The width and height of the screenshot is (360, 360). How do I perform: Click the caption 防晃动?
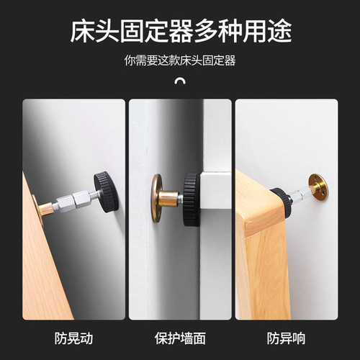click(73, 338)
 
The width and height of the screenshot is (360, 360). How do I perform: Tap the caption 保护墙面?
click(180, 338)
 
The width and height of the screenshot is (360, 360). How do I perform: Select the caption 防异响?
click(287, 338)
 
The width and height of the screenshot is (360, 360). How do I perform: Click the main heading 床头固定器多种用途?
click(181, 32)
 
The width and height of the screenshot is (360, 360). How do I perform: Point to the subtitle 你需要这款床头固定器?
click(180, 60)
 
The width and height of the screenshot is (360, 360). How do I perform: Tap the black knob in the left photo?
click(106, 192)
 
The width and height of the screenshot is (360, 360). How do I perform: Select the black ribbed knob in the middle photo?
click(192, 199)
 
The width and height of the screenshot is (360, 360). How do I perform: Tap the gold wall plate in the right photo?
click(318, 185)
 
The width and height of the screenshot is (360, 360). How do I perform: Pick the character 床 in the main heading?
click(82, 32)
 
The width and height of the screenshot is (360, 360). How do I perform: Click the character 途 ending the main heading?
click(280, 32)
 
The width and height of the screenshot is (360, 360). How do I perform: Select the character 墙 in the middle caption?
click(186, 338)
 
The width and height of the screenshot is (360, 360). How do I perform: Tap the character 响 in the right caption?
click(299, 338)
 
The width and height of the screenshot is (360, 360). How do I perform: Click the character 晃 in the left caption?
click(73, 338)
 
